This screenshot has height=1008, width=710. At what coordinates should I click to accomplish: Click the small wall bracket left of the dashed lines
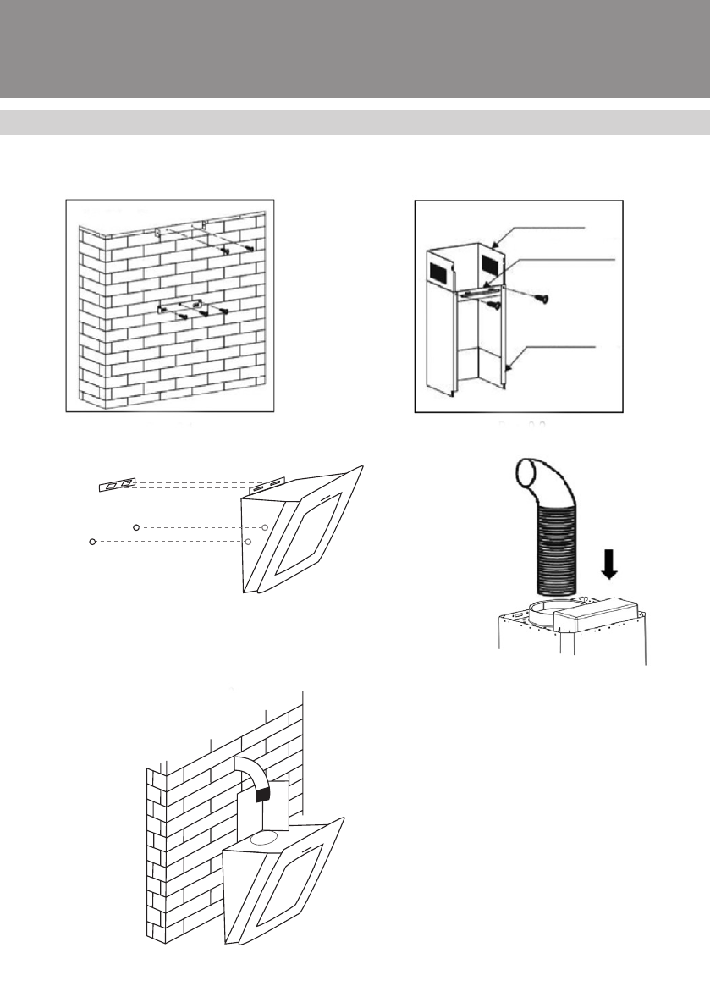tap(115, 484)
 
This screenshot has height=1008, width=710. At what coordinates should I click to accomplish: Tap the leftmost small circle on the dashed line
tap(92, 541)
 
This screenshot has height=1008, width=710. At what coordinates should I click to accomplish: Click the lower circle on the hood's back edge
tap(248, 541)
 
